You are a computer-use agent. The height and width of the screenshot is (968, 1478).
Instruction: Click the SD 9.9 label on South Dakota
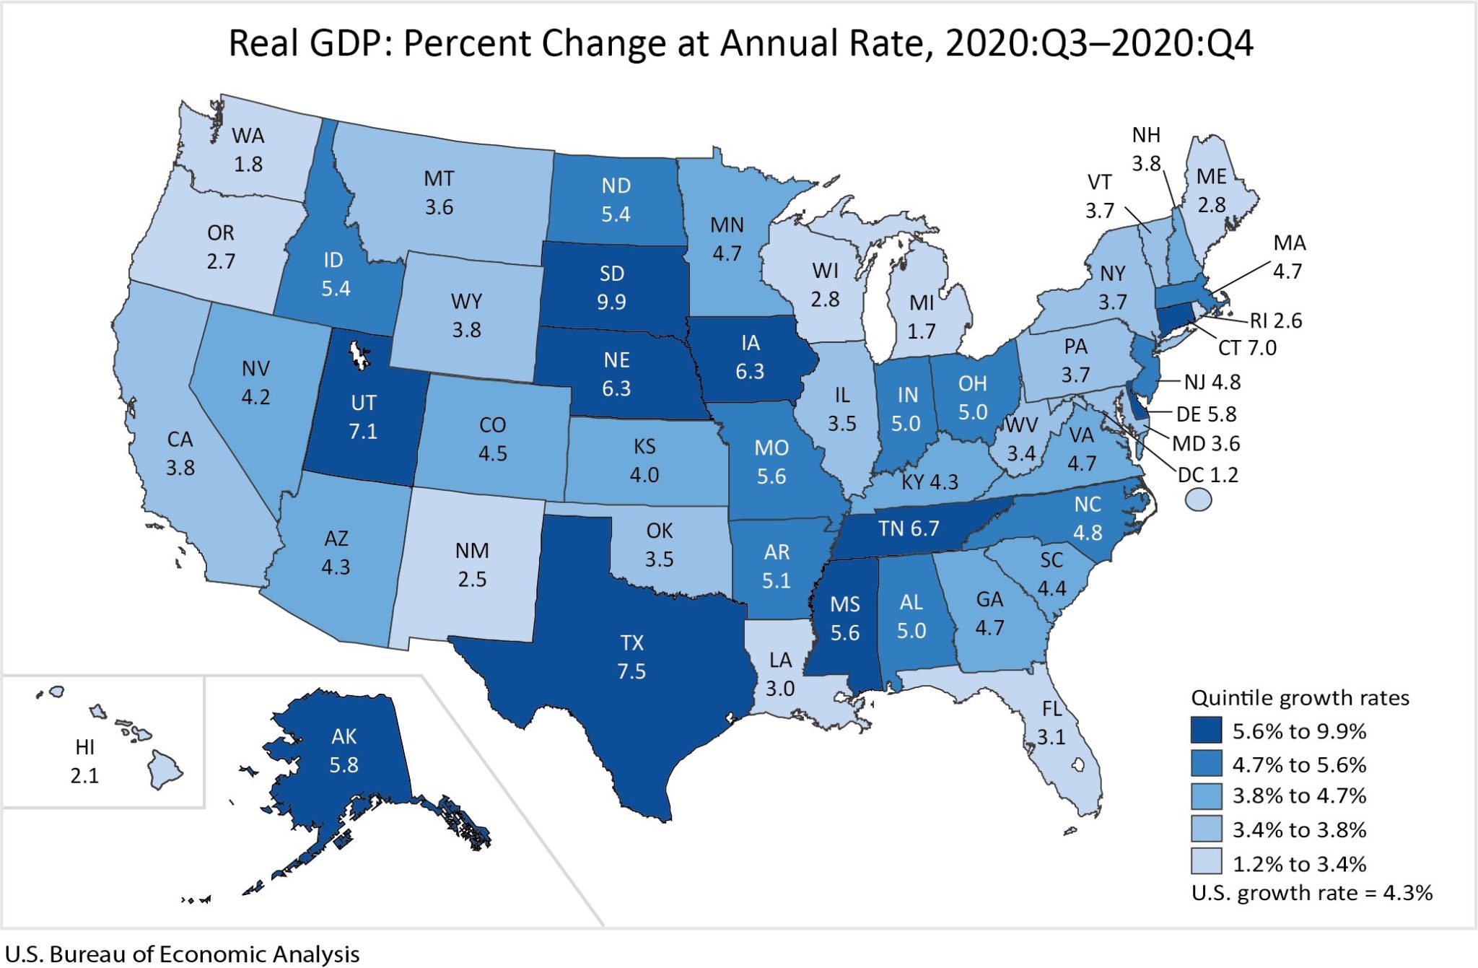click(x=611, y=287)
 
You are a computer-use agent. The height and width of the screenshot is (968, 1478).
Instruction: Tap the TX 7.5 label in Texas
click(x=631, y=657)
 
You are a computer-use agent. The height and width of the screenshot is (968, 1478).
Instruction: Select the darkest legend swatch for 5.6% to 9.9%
click(x=1206, y=730)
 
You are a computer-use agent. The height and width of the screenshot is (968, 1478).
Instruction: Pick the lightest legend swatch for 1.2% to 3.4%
click(x=1206, y=861)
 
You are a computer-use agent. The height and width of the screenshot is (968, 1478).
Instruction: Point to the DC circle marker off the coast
click(x=1198, y=500)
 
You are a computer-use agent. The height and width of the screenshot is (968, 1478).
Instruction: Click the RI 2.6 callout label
click(x=1276, y=321)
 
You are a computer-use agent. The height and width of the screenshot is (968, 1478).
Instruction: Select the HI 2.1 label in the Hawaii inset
click(x=84, y=761)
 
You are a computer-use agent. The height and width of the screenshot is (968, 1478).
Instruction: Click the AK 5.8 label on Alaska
click(x=344, y=750)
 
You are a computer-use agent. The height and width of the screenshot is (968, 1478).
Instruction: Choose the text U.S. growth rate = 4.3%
click(x=1311, y=893)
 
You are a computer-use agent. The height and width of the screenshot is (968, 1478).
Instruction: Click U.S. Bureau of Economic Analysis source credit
click(x=182, y=954)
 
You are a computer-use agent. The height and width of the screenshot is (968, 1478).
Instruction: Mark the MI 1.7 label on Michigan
click(x=922, y=317)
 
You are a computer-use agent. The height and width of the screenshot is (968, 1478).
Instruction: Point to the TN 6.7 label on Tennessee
click(x=909, y=528)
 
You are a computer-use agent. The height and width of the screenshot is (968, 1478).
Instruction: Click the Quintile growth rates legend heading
click(x=1299, y=697)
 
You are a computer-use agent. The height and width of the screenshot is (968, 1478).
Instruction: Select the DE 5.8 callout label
click(x=1206, y=414)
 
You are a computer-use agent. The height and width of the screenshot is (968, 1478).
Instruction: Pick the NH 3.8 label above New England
click(x=1146, y=149)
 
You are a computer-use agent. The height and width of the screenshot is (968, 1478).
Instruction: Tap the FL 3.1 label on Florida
click(x=1051, y=723)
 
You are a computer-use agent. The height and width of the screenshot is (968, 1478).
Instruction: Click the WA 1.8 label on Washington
click(x=248, y=149)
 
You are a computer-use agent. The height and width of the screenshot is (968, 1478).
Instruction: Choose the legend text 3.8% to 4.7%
click(x=1299, y=795)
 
